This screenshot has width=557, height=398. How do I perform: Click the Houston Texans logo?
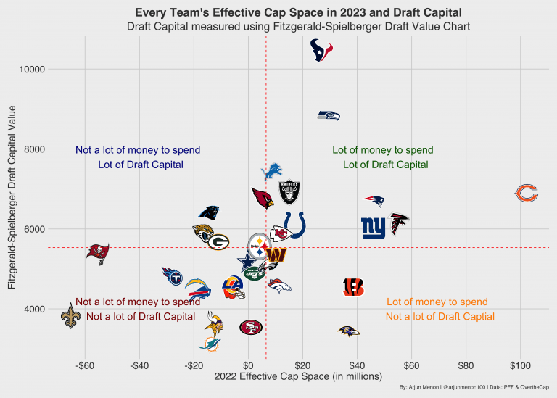tap(321, 51)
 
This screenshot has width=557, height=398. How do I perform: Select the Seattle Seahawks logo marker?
tap(329, 115)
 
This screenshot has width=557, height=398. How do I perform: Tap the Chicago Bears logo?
tap(527, 193)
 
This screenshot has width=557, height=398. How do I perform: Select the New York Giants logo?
tap(374, 228)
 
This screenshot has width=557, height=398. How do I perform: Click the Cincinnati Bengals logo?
tap(353, 287)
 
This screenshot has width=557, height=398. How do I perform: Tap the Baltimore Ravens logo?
tap(349, 331)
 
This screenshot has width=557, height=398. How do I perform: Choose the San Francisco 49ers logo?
tap(251, 327)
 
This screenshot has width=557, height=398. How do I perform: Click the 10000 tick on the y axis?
tap(33, 70)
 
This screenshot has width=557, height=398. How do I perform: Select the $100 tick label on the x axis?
tap(520, 365)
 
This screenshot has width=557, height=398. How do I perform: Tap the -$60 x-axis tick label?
tap(86, 365)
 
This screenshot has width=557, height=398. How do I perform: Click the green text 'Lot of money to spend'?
tap(383, 151)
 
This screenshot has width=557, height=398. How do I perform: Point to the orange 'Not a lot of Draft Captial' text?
tap(440, 317)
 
